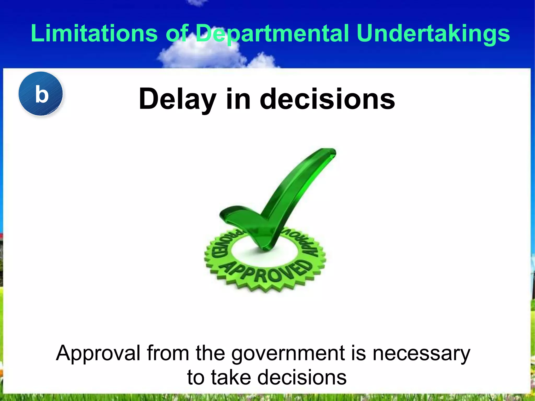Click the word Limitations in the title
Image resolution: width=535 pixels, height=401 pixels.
click(x=94, y=33)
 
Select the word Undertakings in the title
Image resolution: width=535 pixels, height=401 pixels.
click(x=433, y=33)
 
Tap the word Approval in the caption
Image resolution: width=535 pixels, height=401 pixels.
click(x=98, y=353)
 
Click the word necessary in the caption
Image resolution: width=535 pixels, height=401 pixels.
click(x=421, y=353)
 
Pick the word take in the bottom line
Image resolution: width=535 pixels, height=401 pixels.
click(x=231, y=377)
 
